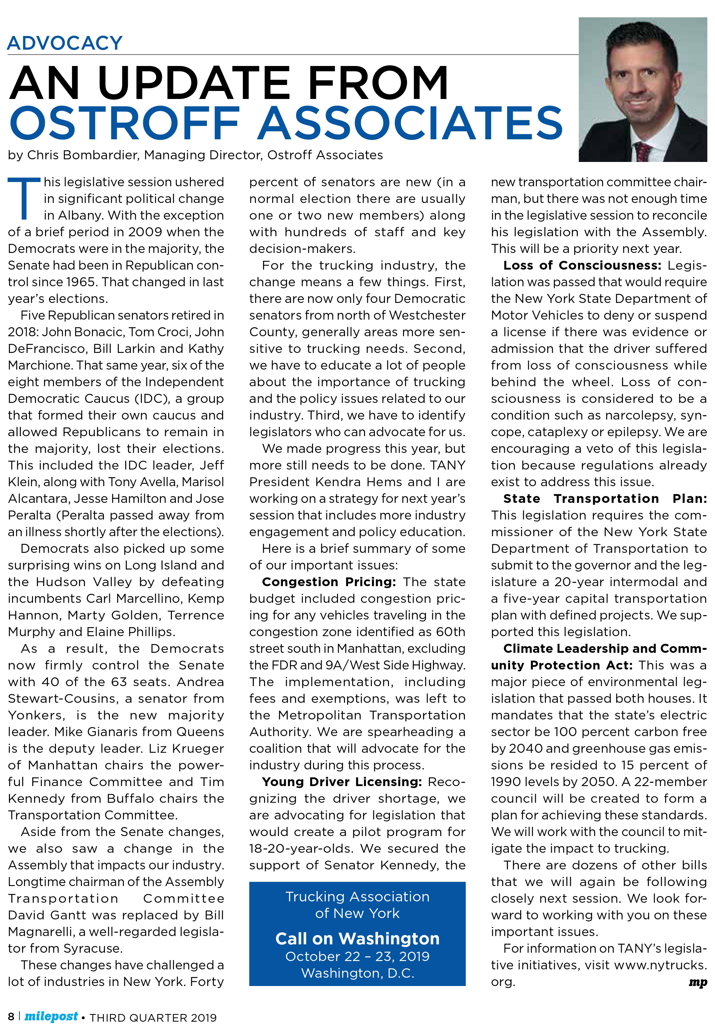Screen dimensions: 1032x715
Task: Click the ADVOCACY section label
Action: (65, 43)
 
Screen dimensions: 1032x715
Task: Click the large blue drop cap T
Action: (24, 198)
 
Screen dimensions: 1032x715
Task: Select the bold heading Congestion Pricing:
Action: (329, 582)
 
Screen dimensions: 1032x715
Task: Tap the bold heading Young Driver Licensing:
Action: (342, 782)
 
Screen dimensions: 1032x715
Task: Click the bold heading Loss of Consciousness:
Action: (582, 265)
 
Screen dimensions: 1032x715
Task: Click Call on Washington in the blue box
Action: (357, 939)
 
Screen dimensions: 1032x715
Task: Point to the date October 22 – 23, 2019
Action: (357, 956)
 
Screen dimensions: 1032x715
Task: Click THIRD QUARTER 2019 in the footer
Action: (153, 1018)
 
